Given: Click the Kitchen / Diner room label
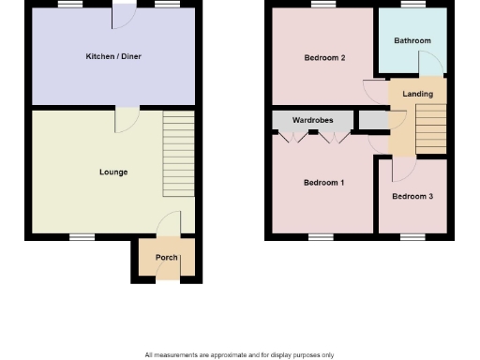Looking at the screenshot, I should click(113, 57).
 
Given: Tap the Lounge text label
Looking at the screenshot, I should click(113, 172).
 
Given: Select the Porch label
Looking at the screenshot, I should click(166, 257).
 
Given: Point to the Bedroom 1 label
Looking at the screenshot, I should click(324, 183).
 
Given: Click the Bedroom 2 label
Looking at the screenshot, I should click(324, 58).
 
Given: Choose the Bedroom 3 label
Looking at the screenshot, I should click(412, 197).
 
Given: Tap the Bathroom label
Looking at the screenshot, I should click(412, 41).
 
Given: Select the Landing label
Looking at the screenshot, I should click(417, 95).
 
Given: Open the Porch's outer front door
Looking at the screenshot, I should click(166, 272).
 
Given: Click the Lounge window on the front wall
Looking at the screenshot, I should click(82, 236).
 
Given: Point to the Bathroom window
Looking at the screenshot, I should click(412, 6).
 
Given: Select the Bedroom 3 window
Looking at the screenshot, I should click(412, 236).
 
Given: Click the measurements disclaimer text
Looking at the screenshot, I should click(240, 354).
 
